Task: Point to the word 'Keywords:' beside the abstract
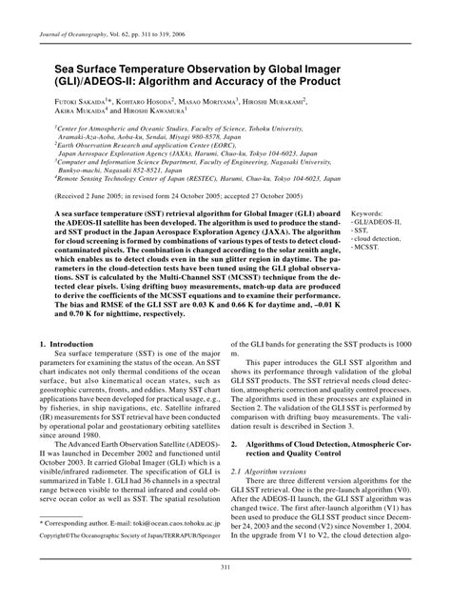pyautogui.click(x=371, y=213)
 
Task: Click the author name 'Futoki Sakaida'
pyautogui.click(x=66, y=96)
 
